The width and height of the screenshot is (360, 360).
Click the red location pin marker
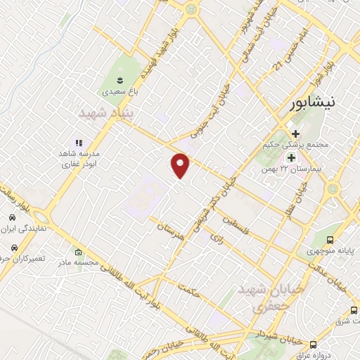click(x=181, y=165)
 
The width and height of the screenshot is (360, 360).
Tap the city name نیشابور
click(x=321, y=103)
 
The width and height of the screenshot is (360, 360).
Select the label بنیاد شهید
click(x=106, y=112)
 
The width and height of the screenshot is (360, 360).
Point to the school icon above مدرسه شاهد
click(x=79, y=143)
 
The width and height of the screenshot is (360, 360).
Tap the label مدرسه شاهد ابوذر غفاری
click(x=79, y=157)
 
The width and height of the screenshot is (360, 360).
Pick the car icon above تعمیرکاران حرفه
click(x=15, y=248)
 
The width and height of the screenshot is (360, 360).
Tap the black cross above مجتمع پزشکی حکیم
click(x=295, y=134)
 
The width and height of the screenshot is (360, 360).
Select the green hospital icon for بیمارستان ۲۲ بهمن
click(x=290, y=157)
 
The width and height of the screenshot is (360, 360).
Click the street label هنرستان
click(x=169, y=227)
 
